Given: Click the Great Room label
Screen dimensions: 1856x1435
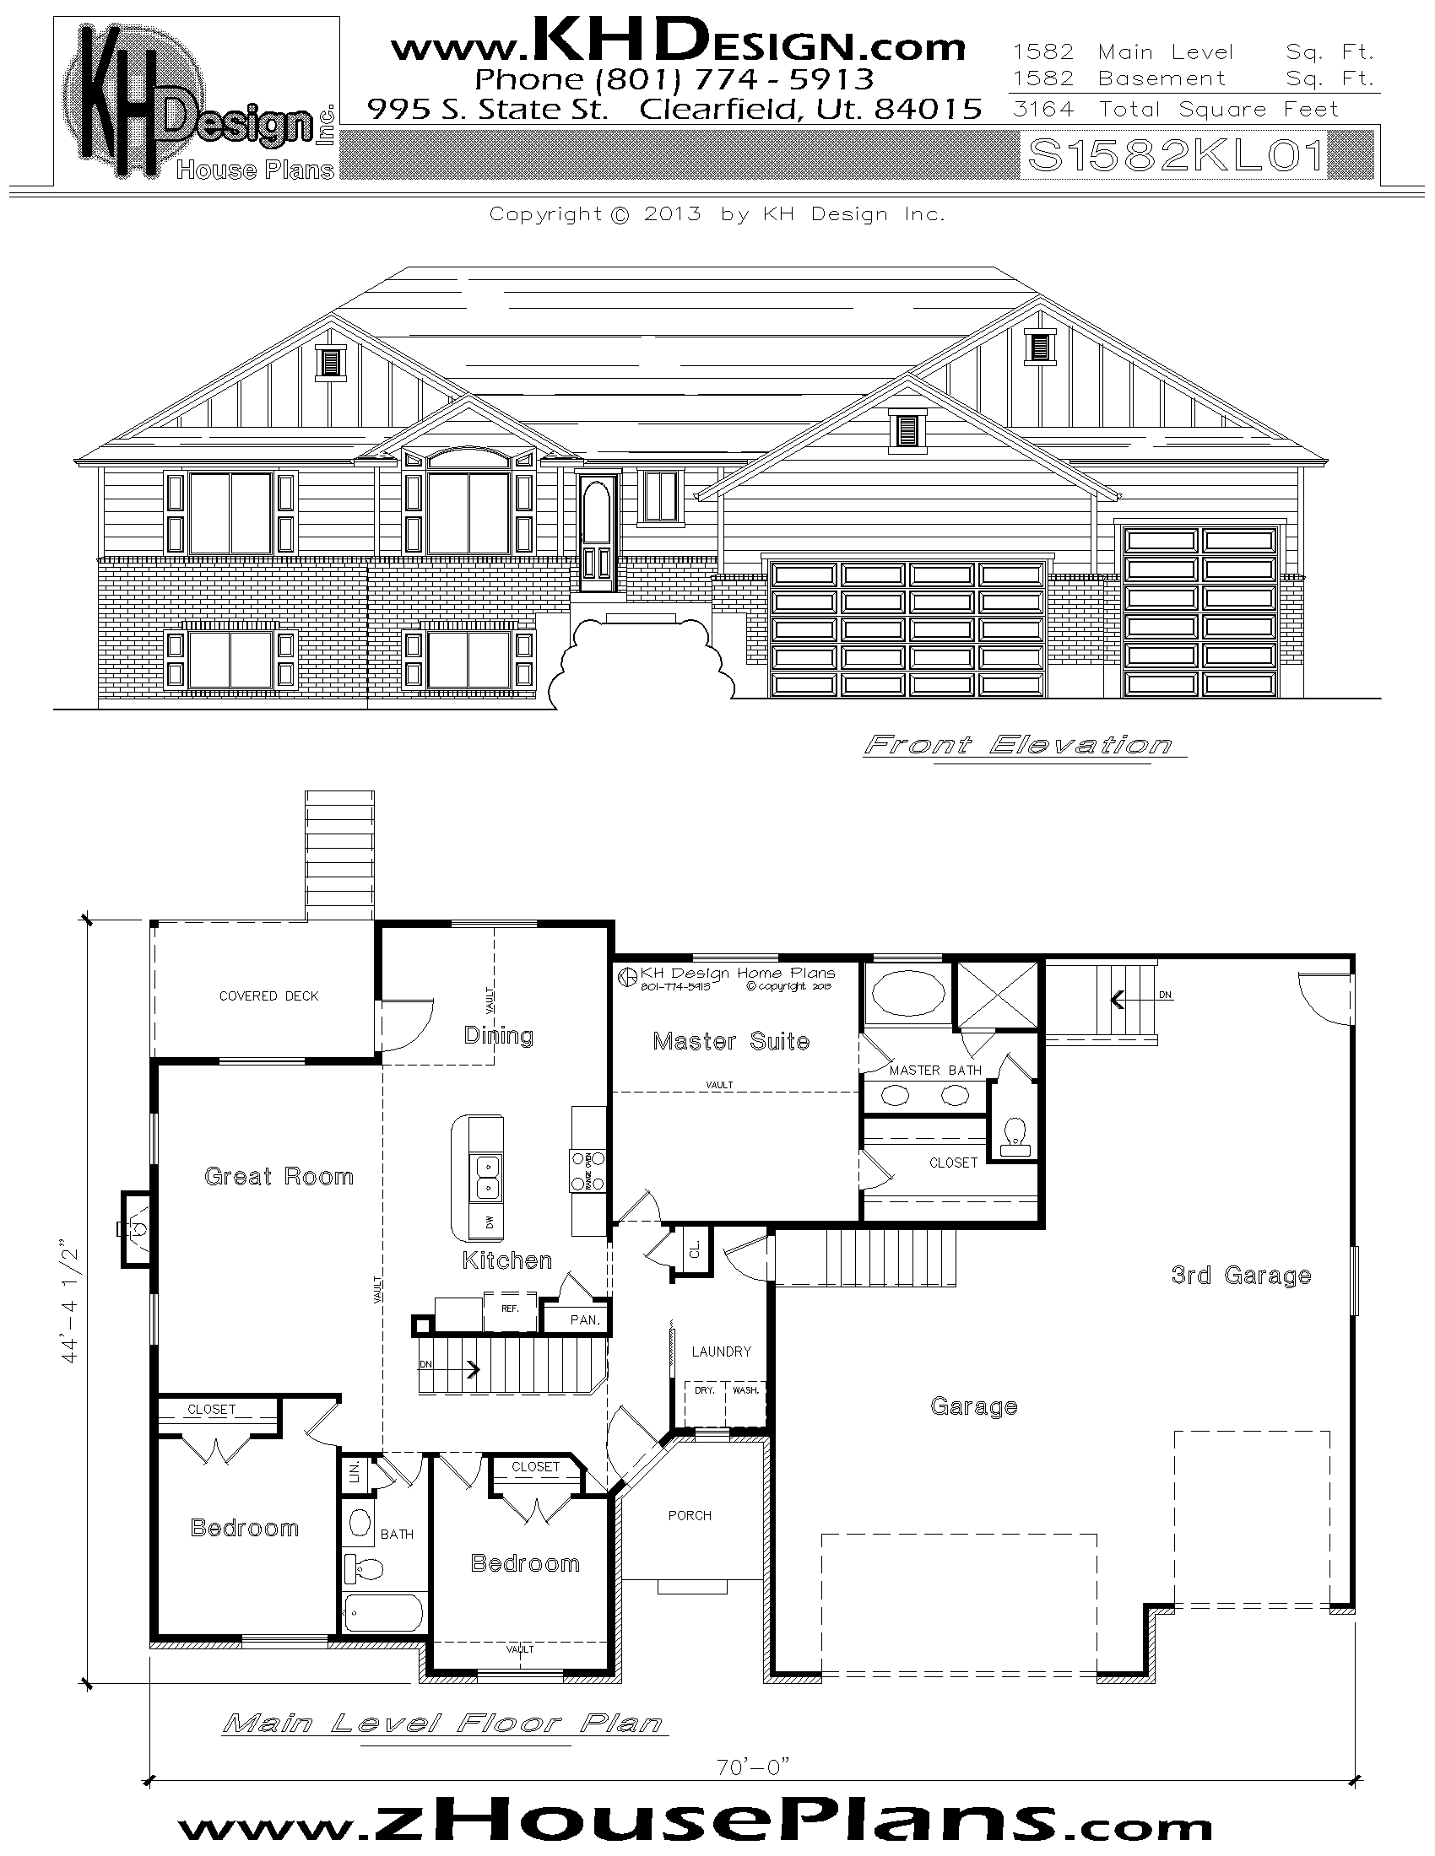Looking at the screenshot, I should [x=279, y=1176].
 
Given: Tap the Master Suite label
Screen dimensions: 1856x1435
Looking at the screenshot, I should [x=730, y=1041].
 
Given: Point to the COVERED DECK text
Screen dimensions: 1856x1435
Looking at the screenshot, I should [x=268, y=996].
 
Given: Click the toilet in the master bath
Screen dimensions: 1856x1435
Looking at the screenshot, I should [x=1015, y=1137].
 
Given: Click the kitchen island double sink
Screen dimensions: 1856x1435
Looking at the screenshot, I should [x=487, y=1177].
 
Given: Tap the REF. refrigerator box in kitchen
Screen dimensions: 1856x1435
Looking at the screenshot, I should [x=510, y=1309].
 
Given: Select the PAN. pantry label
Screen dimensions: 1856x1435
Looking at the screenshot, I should [x=585, y=1319].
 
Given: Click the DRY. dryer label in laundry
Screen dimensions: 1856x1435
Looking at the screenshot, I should [x=704, y=1390].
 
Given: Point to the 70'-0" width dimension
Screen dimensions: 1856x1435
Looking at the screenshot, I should [x=753, y=1767].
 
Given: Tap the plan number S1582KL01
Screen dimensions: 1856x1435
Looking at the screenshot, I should [x=1176, y=156].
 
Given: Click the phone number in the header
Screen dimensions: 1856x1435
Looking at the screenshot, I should [x=674, y=79].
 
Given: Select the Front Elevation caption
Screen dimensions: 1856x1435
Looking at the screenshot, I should [x=1018, y=745].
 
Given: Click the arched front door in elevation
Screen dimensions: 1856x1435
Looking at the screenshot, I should [x=597, y=532].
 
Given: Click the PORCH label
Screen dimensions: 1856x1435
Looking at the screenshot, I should [x=690, y=1515].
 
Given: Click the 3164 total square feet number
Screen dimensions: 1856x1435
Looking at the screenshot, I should [x=1043, y=109].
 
